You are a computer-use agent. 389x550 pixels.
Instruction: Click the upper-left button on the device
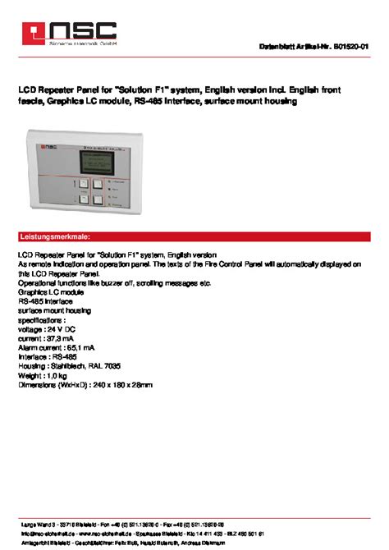pos(83,185)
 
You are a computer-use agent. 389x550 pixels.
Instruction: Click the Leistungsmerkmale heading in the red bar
pos(54,236)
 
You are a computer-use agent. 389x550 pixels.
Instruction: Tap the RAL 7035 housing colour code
pos(108,365)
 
